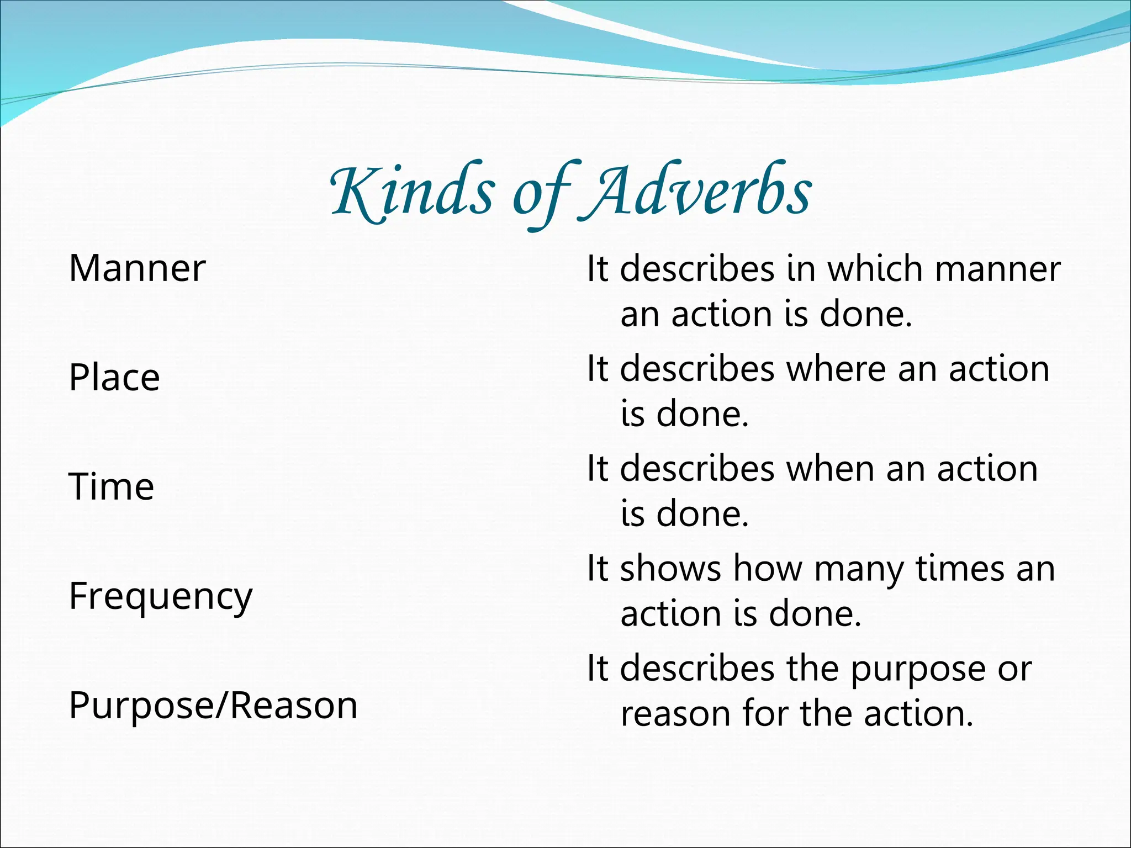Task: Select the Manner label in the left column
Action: [137, 269]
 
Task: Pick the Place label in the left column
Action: [114, 378]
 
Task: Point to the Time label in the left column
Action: [112, 487]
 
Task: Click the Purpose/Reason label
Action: [213, 706]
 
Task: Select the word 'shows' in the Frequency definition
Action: [670, 569]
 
